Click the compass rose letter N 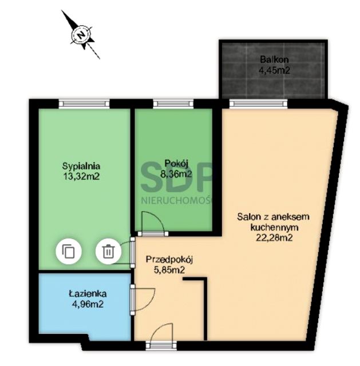(x=81, y=35)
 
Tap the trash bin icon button (x=108, y=252)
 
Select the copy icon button (x=69, y=252)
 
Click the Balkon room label (x=274, y=59)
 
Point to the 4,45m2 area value (x=274, y=70)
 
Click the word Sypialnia (x=81, y=166)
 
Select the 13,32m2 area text (x=81, y=177)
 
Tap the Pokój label (x=176, y=163)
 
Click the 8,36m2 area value (x=176, y=174)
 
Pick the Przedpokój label (x=169, y=260)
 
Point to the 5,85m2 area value (x=169, y=270)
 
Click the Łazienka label (x=88, y=293)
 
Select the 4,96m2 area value (x=88, y=304)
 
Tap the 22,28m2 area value (x=274, y=238)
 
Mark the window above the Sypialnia (x=84, y=104)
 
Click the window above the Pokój (x=173, y=104)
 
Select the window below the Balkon (x=258, y=104)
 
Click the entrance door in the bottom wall (x=161, y=345)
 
